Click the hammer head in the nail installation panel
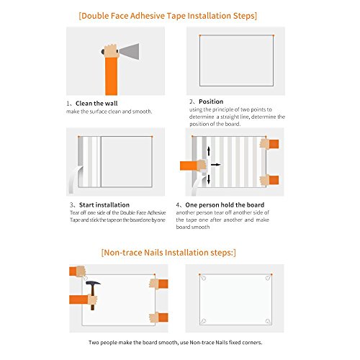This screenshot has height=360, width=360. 93,283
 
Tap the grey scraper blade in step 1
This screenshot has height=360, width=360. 129,51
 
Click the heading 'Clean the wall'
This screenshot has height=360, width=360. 96,104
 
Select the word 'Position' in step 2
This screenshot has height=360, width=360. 211,102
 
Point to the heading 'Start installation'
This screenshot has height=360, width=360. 104,205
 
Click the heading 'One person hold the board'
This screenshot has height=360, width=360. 225,205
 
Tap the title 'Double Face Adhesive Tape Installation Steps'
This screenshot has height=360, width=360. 168,16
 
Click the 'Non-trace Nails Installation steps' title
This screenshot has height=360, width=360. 168,253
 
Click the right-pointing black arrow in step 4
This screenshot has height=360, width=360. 215,165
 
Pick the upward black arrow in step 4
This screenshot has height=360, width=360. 209,151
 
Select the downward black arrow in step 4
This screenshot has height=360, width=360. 209,179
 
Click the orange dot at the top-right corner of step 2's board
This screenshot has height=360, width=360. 274,35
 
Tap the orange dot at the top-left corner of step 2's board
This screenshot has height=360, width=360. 199,35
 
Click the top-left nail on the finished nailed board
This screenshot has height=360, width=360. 203,278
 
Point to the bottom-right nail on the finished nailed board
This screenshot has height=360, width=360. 268,321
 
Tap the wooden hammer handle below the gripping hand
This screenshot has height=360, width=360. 92,307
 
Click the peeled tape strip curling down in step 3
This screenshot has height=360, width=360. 75,179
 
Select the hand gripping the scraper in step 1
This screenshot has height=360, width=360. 110,51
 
